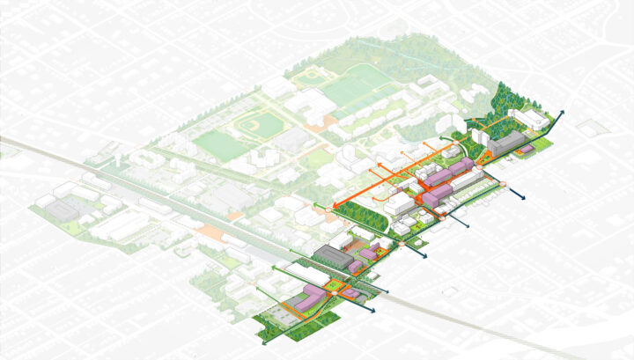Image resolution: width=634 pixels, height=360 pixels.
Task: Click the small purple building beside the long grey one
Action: click(x=527, y=150)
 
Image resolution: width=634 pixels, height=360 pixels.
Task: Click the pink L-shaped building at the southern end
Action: click(x=304, y=302)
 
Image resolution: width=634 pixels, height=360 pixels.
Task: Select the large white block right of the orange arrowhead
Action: click(x=401, y=205)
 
